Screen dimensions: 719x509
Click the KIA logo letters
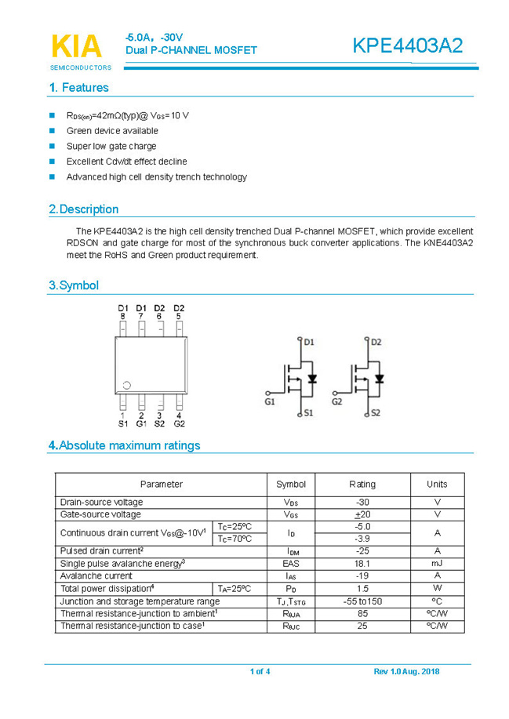pos(76,46)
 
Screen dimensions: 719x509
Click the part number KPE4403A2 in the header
pos(407,46)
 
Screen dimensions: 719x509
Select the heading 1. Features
pos(78,88)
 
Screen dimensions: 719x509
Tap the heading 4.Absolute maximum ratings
pos(124,445)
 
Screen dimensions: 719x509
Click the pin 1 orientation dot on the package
pos(126,385)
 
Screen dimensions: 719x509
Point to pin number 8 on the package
pos(122,316)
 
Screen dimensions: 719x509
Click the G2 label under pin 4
pos(179,424)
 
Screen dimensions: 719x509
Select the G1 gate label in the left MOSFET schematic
pos(270,401)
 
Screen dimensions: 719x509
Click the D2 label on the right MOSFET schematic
pos(376,342)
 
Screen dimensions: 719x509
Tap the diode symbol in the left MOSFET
pos(312,379)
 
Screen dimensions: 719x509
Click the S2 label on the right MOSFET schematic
pos(375,412)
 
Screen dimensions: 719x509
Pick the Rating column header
pos(362,484)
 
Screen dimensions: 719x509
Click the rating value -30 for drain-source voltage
pos(362,502)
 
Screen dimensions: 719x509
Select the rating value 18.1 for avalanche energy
pos(362,563)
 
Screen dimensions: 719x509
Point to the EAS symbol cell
pos(291,563)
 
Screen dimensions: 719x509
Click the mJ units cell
pos(436,563)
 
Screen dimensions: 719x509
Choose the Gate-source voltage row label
pos(101,514)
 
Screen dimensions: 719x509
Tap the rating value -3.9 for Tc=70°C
pos(362,539)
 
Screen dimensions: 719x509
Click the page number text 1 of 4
pos(260,672)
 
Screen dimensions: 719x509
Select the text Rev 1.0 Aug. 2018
pos(406,672)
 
